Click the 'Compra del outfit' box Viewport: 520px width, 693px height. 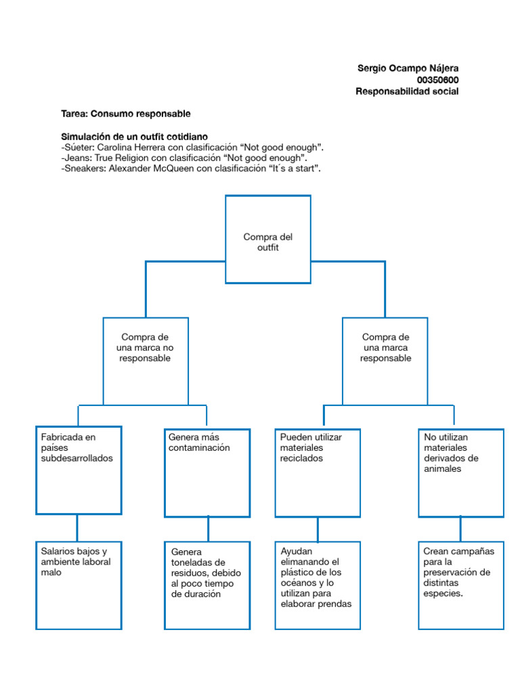click(267, 240)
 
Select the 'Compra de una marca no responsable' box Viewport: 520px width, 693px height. click(145, 360)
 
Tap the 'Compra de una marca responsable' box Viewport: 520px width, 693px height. click(385, 360)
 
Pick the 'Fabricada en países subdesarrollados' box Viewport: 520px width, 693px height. click(79, 470)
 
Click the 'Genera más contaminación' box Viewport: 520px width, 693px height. click(207, 470)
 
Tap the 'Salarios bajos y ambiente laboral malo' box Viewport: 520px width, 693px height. click(79, 585)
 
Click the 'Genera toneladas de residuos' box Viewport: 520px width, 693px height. click(207, 585)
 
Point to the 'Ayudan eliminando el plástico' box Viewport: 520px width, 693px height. click(318, 585)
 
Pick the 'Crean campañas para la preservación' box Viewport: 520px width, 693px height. click(460, 585)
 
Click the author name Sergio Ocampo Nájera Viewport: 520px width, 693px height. click(408, 68)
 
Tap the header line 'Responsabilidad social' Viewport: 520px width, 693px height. click(407, 91)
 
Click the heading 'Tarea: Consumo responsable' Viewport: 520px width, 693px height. click(126, 114)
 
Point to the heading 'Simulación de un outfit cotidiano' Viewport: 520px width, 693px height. click(134, 137)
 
